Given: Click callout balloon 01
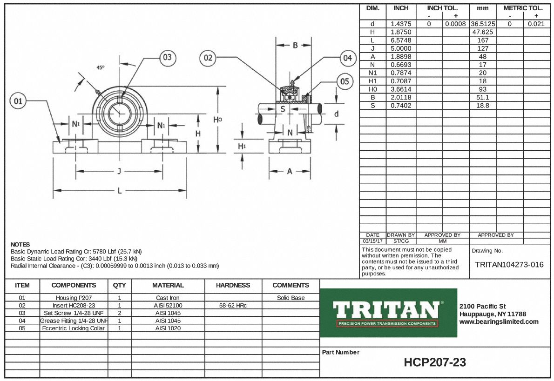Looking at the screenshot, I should click(x=18, y=100).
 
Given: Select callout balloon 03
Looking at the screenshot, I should click(x=167, y=58).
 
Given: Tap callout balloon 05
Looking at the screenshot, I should click(x=345, y=82).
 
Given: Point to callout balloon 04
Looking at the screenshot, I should click(x=347, y=58).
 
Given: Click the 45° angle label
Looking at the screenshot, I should click(x=101, y=67).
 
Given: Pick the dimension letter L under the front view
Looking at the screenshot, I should click(x=120, y=190).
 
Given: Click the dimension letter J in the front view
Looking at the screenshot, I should click(x=120, y=171).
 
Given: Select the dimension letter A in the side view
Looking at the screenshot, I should click(x=290, y=171).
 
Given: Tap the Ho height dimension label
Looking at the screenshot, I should click(x=218, y=120).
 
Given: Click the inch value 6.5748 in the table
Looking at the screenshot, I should click(x=401, y=40).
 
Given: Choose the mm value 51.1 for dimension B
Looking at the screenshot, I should click(x=482, y=97).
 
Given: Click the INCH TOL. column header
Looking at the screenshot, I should click(x=442, y=8).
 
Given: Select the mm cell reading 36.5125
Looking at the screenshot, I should click(x=482, y=24).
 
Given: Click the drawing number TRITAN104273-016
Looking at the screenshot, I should click(x=509, y=265).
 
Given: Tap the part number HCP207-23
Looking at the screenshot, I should click(x=435, y=362).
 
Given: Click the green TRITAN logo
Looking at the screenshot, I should click(x=389, y=313).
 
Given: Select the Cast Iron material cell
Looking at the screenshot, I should click(x=168, y=298).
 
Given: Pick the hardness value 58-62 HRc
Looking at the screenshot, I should click(x=233, y=306).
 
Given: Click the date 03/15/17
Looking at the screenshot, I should click(x=372, y=241).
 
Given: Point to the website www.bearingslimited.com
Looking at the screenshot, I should click(x=499, y=321).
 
